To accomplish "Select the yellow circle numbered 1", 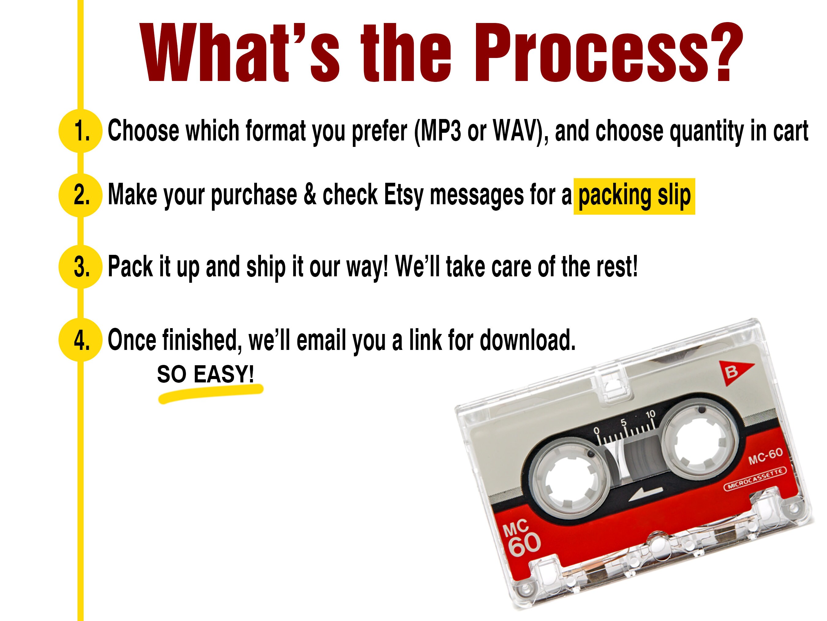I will (x=80, y=131).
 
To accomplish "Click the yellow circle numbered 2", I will (x=80, y=195).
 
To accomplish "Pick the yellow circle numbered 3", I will (x=80, y=266).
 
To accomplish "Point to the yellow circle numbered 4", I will (x=80, y=339).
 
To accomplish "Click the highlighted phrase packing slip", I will (x=634, y=196).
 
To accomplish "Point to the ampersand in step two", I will (x=310, y=195).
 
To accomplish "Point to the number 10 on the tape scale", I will (x=651, y=414).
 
